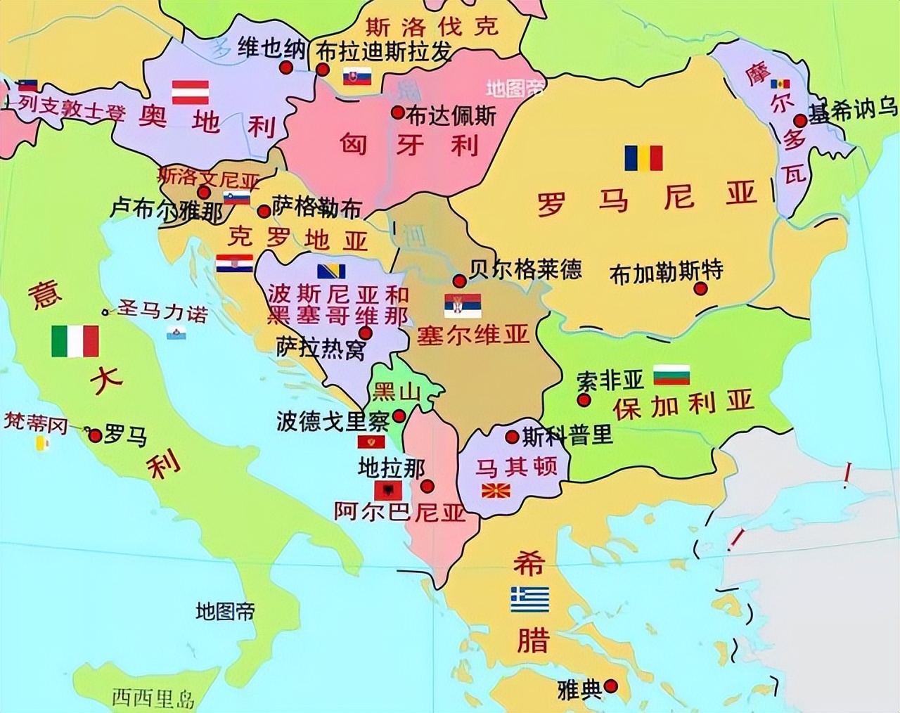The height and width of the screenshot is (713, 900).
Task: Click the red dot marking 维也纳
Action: tap(285, 68)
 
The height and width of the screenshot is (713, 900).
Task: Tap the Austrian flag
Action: tap(191, 92)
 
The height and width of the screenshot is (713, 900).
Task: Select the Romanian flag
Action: tap(643, 158)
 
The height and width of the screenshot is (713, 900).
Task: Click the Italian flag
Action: tap(75, 340)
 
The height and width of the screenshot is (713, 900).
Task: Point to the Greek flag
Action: tap(529, 599)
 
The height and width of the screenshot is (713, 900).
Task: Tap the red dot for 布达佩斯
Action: tap(397, 112)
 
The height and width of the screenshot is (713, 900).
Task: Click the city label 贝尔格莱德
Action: tap(525, 269)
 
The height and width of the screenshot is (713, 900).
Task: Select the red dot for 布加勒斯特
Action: tap(700, 288)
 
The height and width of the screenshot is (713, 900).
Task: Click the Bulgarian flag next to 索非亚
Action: tap(671, 375)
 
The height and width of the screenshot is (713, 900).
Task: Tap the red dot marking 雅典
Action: tap(611, 686)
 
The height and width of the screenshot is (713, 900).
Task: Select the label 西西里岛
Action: tap(153, 698)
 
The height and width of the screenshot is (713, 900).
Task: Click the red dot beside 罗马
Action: tap(95, 436)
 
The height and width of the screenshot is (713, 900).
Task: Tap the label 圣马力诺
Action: tap(162, 310)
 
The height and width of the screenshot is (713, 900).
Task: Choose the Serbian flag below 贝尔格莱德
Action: tap(462, 305)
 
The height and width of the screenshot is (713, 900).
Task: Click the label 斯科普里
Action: tap(567, 435)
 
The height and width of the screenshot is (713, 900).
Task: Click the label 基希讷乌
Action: tap(854, 110)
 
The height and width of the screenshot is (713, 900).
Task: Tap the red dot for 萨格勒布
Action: tap(264, 211)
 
